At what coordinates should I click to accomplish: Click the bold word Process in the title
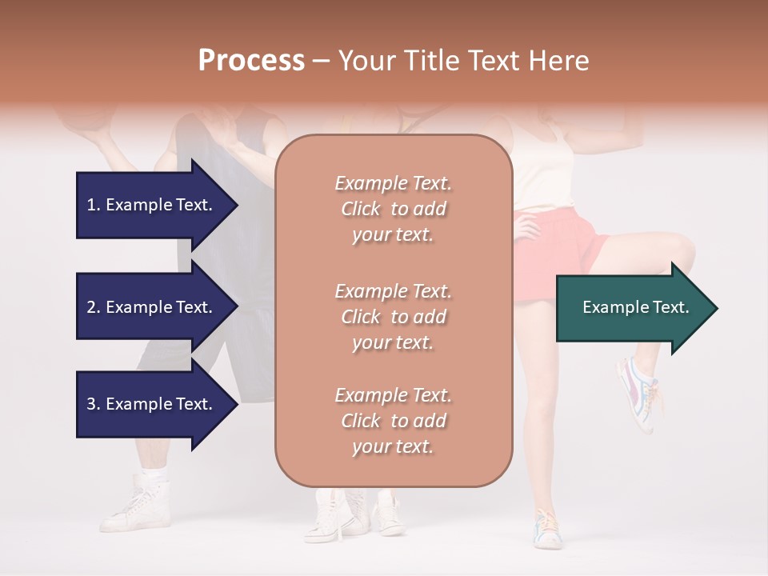(x=251, y=61)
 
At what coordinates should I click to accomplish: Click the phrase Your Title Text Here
(x=463, y=61)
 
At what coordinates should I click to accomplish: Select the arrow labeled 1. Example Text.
(x=151, y=205)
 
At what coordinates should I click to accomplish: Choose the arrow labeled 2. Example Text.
(x=151, y=307)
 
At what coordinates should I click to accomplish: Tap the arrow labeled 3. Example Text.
(x=151, y=404)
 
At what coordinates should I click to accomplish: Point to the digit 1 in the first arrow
(x=91, y=205)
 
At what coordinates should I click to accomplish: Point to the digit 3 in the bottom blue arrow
(x=91, y=404)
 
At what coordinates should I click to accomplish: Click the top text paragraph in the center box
(x=393, y=209)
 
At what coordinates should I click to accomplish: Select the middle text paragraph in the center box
(x=393, y=317)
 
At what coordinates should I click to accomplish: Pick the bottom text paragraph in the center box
(x=393, y=421)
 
